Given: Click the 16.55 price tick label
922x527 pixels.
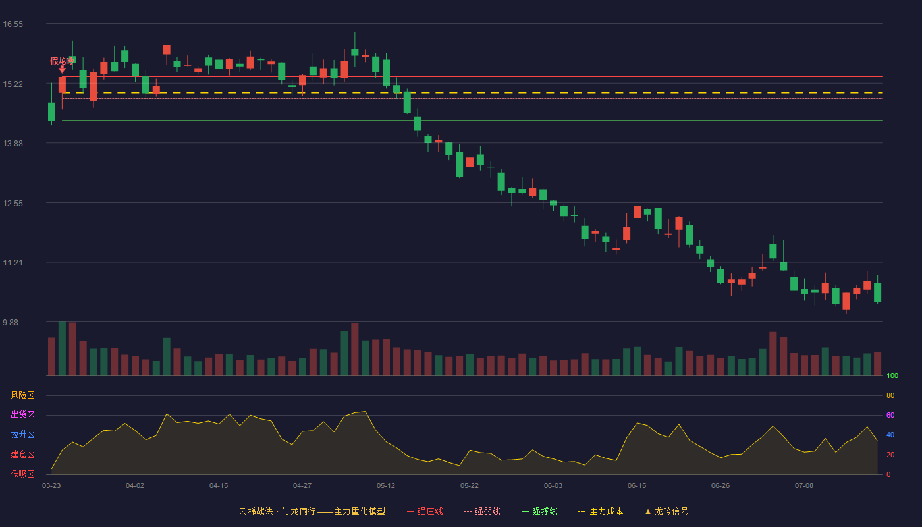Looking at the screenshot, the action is click(13, 24).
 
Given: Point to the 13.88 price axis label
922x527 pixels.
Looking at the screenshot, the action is click(13, 144).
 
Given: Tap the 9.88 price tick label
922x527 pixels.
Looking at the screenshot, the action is click(11, 322).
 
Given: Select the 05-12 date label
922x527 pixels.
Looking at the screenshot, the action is click(386, 486).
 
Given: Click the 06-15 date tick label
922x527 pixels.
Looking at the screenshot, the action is click(637, 486).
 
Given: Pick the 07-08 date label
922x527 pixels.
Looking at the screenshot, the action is click(804, 486).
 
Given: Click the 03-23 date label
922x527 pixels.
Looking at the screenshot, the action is click(51, 486).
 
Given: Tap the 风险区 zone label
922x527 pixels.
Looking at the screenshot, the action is click(22, 395).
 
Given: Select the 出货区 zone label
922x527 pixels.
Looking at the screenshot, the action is click(22, 414).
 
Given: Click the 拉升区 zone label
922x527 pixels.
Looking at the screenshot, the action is click(22, 434).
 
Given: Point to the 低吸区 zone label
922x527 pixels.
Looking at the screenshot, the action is click(22, 474).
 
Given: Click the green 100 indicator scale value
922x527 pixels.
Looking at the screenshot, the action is click(892, 375).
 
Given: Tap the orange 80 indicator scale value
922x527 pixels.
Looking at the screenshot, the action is click(890, 395).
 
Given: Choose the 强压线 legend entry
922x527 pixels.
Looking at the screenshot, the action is click(425, 511).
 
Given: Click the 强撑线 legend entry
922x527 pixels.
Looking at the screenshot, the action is click(539, 511).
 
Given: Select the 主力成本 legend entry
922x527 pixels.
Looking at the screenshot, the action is click(601, 511).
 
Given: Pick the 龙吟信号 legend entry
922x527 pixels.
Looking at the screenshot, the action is click(666, 511).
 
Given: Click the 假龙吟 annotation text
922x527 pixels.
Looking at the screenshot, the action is click(62, 61).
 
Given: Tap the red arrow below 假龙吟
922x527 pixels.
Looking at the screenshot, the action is click(62, 70).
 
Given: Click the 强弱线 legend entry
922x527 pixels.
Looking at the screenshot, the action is click(482, 511).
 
